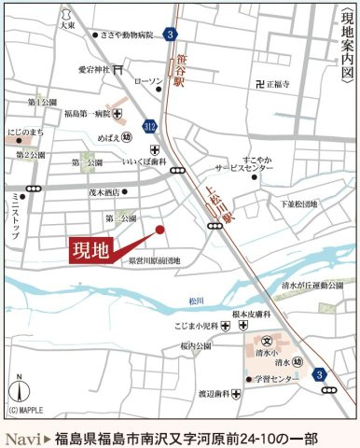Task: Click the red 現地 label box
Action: pos(96,251)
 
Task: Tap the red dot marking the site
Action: pos(159,229)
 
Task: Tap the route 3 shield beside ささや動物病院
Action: pos(169,35)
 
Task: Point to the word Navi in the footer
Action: pos(21,438)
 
